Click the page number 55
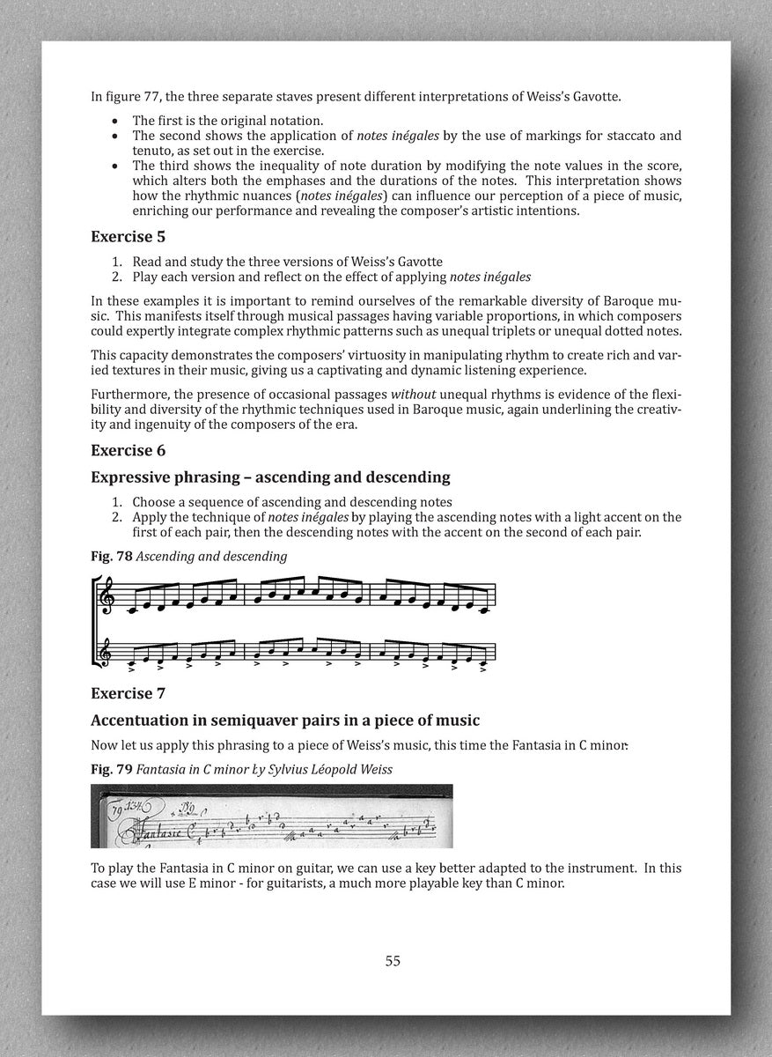click(393, 960)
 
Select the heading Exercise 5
click(129, 236)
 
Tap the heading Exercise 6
click(129, 450)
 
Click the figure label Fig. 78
click(110, 556)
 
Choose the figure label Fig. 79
click(111, 769)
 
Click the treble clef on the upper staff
click(108, 595)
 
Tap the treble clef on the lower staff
click(108, 653)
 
